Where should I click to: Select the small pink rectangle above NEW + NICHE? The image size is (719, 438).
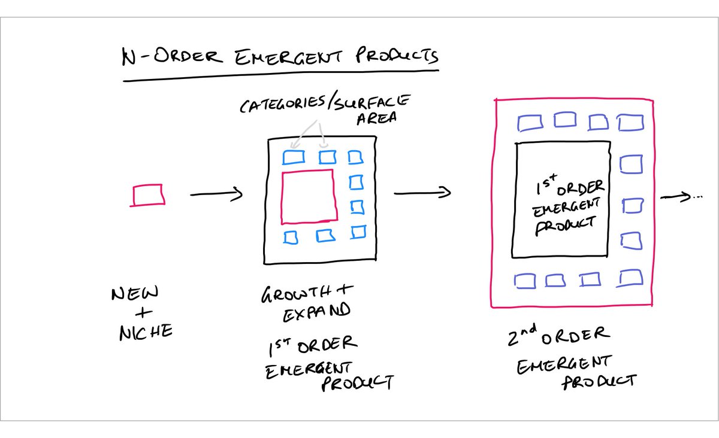click(147, 195)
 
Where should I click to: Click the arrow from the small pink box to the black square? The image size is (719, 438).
click(216, 194)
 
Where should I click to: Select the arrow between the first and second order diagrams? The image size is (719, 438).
click(422, 193)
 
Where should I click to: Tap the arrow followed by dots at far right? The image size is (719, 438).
click(680, 197)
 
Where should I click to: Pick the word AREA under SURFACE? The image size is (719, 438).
click(377, 118)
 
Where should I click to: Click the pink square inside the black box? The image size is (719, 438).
click(309, 195)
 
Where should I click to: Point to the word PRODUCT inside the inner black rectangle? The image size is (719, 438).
click(565, 226)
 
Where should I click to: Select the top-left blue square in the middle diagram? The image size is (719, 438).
click(294, 157)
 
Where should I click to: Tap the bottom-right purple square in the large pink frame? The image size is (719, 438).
click(629, 278)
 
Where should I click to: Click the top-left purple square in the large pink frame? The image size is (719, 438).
click(528, 123)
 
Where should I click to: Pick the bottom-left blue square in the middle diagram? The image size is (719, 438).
click(291, 237)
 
